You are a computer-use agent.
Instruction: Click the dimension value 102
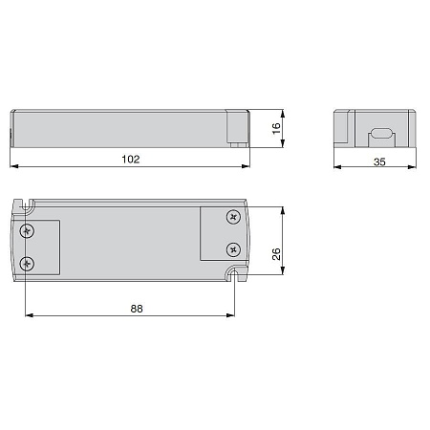pyautogui.click(x=131, y=159)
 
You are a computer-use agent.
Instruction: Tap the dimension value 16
pyautogui.click(x=276, y=128)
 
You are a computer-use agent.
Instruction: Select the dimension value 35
pyautogui.click(x=379, y=161)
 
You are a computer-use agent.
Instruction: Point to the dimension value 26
pyautogui.click(x=276, y=254)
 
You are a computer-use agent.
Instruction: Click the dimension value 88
pyautogui.click(x=137, y=309)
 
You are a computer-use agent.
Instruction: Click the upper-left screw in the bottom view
pyautogui.click(x=27, y=231)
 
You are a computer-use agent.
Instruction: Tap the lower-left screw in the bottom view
pyautogui.click(x=27, y=264)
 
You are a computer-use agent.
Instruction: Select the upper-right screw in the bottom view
pyautogui.click(x=233, y=217)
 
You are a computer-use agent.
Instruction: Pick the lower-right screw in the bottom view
pyautogui.click(x=233, y=249)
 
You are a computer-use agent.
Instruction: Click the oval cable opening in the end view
pyautogui.click(x=381, y=133)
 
